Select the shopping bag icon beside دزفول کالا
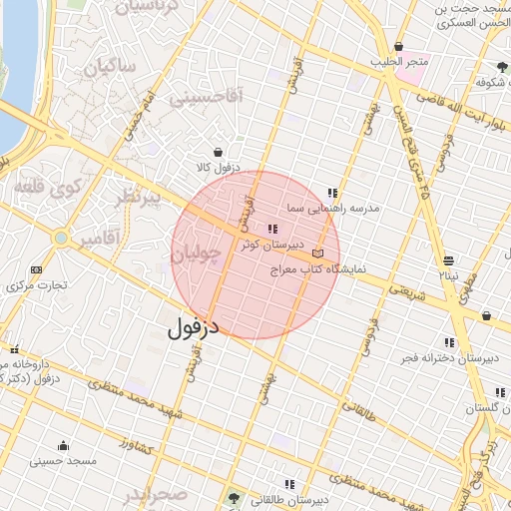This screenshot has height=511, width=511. pos(218,152)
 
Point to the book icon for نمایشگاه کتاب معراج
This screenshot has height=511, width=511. pos(318,254)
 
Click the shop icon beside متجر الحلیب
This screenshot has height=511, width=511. pos(399,47)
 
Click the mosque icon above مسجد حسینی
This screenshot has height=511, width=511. pos(64,445)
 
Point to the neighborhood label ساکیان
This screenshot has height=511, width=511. pos(109,69)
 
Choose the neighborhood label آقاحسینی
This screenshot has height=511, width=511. pos(208,98)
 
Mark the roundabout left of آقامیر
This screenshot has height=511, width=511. pos(62,239)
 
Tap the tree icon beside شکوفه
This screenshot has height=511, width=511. pos(500,68)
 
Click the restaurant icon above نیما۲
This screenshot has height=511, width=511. pos(445,262)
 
